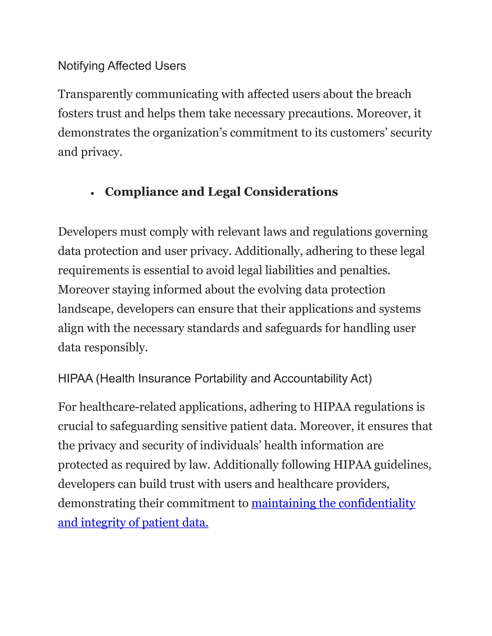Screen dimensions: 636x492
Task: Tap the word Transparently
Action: (95, 94)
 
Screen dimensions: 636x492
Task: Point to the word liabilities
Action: (289, 270)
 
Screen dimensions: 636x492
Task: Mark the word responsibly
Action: (116, 348)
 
